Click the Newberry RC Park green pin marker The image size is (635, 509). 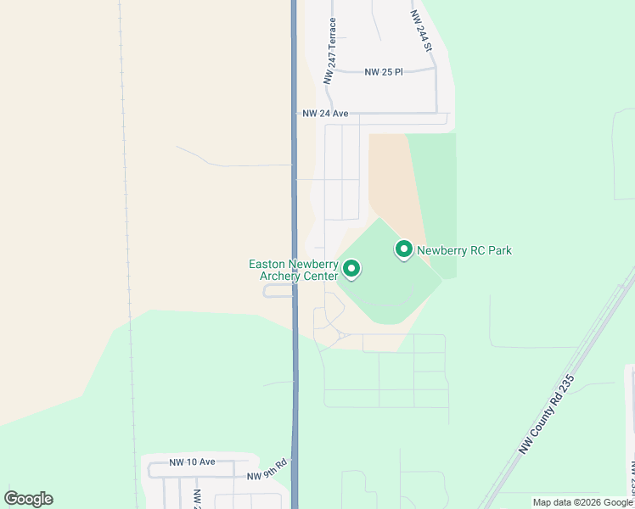[404, 249]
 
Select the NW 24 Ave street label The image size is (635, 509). [326, 113]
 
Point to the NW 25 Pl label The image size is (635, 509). [384, 72]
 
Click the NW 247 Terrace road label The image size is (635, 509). [329, 52]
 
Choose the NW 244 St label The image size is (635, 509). [421, 31]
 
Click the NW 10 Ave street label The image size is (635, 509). [192, 462]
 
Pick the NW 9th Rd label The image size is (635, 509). [268, 476]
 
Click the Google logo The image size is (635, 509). [29, 499]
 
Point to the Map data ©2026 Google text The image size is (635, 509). [582, 502]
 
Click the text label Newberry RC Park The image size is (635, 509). [464, 250]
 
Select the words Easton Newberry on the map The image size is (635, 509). [294, 264]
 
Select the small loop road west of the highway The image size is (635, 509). [278, 291]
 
